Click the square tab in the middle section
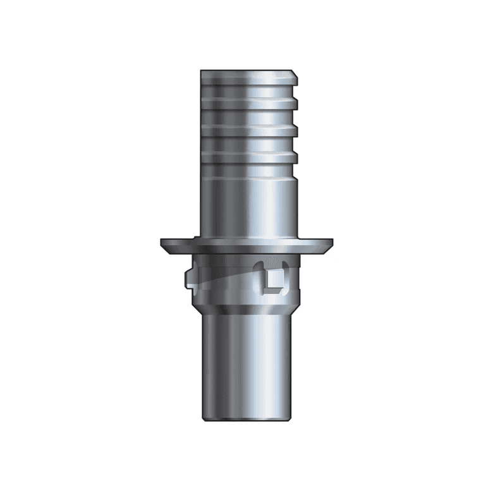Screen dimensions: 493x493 click(273, 280)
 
